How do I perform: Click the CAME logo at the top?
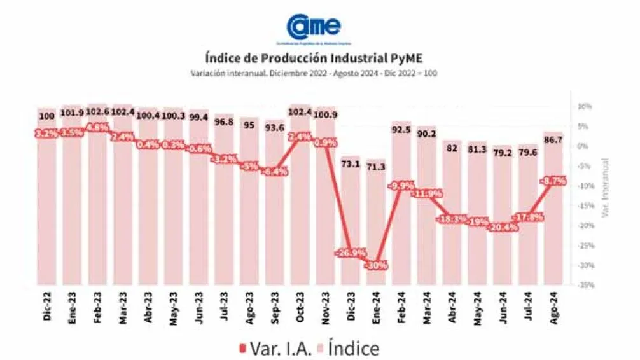(x=313, y=27)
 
